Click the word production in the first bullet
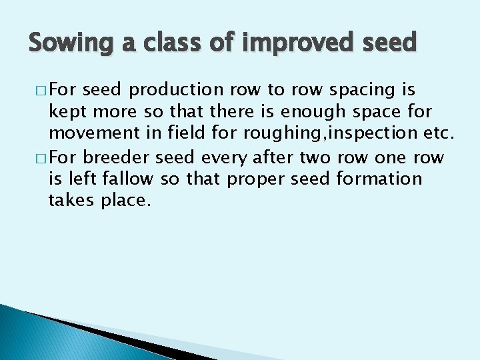click(177, 90)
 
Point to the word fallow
click(131, 180)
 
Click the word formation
click(379, 180)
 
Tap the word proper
click(247, 180)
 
